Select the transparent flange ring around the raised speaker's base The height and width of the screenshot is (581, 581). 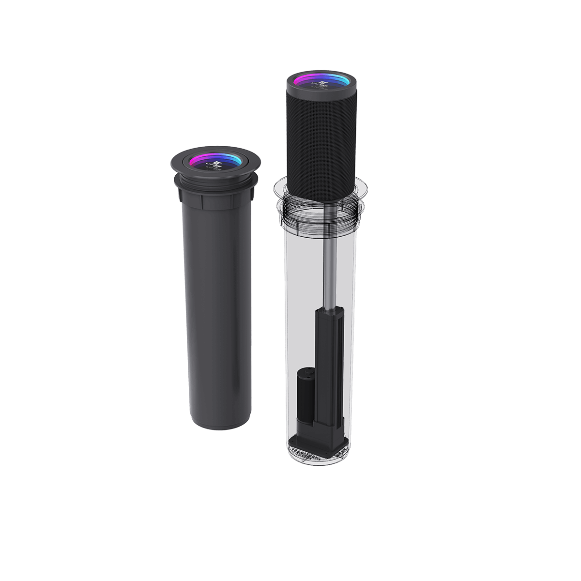(358, 189)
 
